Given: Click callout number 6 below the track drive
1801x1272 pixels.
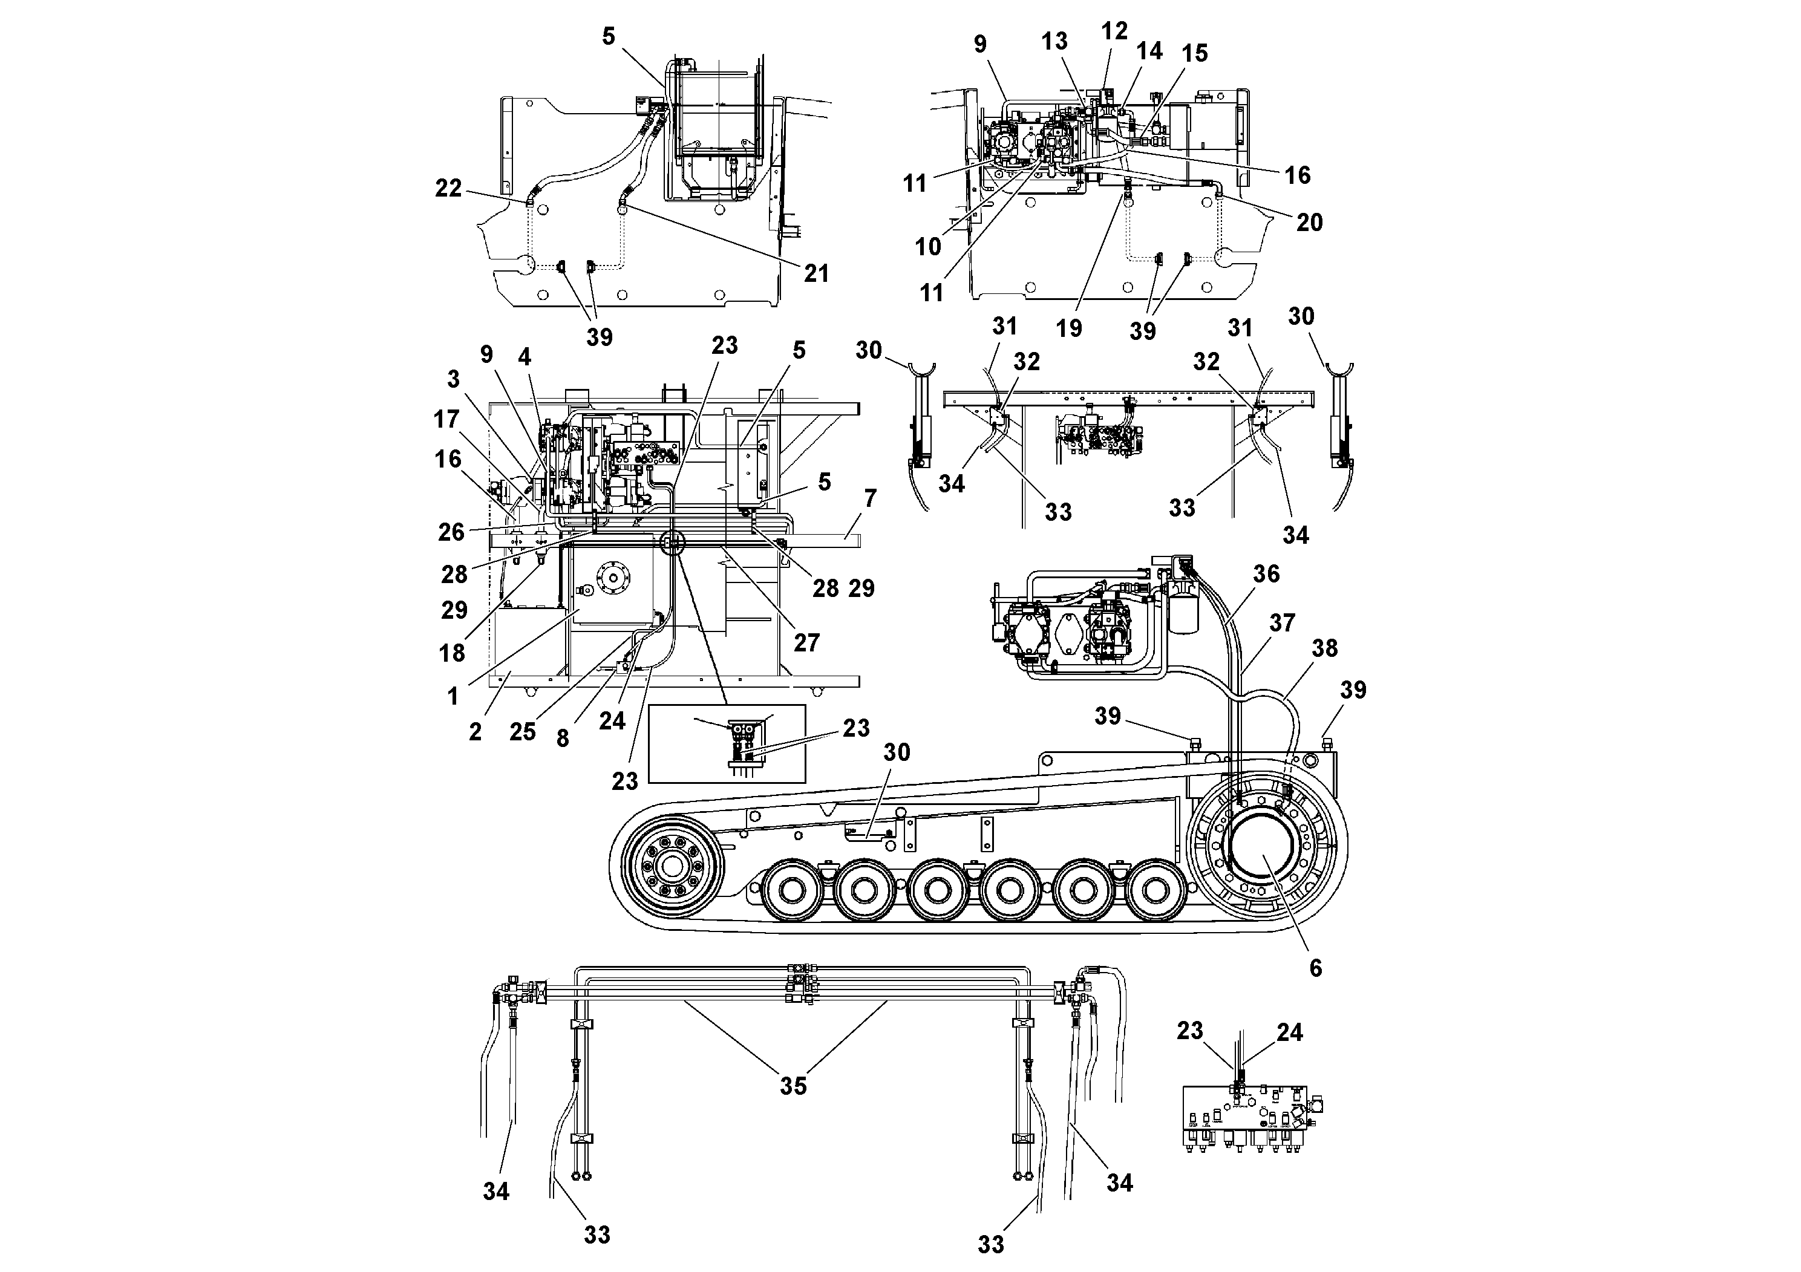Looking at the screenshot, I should point(1315,968).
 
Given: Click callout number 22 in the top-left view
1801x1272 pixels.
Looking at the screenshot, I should point(449,188).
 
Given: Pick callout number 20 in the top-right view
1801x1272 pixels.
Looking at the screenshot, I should point(1309,223).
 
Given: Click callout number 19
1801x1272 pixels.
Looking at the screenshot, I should point(1068,328).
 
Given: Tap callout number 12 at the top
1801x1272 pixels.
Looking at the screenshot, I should point(1114,31).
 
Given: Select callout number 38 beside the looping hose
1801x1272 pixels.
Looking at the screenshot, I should point(1324,648).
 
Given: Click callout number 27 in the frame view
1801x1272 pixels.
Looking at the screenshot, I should point(806,642).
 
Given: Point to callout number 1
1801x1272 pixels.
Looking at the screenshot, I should point(453,696).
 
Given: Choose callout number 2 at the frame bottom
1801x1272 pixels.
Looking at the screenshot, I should point(476,732).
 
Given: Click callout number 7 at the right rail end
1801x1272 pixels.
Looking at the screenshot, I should point(869,498).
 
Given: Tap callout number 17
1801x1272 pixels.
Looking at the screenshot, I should point(446,420).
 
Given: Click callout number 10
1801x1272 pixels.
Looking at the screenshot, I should point(927,246).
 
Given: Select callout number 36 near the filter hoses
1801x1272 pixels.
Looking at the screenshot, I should point(1266,574).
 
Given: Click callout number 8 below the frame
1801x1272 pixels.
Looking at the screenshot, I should point(563,739).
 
